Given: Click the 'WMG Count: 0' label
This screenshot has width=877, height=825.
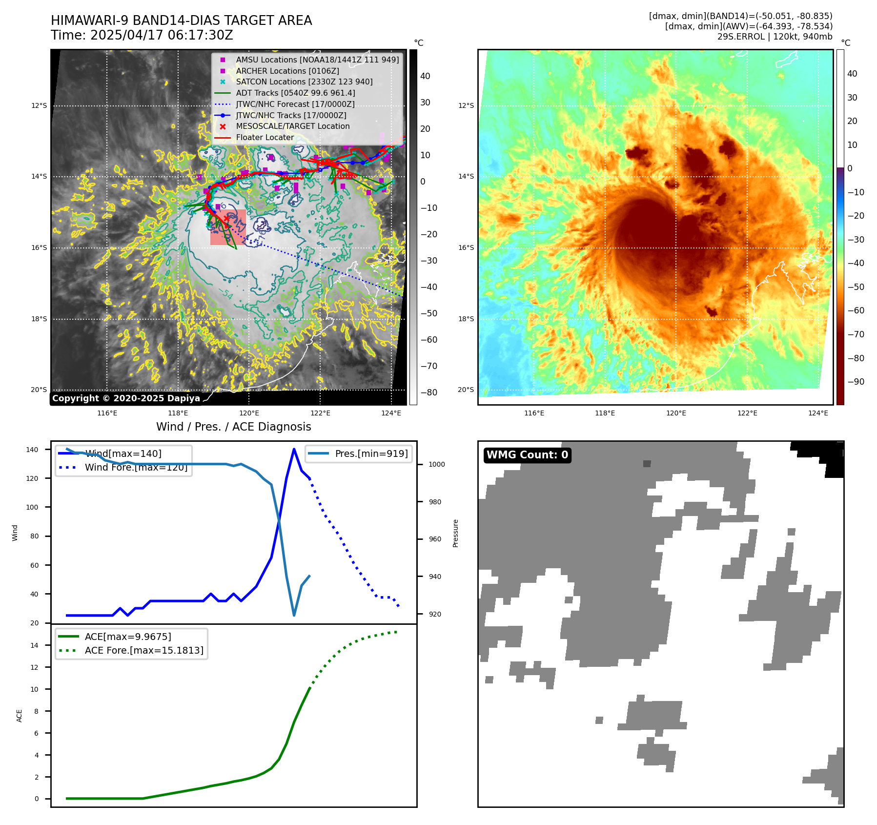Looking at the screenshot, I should click(527, 455).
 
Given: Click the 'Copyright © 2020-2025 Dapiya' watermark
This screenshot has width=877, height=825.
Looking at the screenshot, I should click(126, 398).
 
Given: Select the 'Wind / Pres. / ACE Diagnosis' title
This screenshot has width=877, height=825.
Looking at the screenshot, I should click(233, 427).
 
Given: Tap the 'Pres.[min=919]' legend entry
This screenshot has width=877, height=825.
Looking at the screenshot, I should click(371, 454).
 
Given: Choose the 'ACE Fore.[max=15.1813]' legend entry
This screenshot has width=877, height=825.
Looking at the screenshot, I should click(144, 650).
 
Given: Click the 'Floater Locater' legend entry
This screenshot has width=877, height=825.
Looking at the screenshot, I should click(265, 138).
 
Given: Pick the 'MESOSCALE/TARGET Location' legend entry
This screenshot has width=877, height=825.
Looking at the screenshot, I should click(292, 126).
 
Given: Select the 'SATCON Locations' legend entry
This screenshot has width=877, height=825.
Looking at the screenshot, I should click(304, 82).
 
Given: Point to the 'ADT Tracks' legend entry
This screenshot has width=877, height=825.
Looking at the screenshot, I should click(295, 93).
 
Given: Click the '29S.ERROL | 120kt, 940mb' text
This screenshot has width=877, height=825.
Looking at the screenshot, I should click(775, 37).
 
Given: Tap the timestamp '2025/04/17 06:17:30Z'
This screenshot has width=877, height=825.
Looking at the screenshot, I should click(162, 36).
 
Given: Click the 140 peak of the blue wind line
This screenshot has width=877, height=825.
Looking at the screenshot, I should click(294, 449).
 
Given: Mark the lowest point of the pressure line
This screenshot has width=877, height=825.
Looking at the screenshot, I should click(294, 615).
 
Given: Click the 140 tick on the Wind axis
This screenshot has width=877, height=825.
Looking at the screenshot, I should click(32, 450).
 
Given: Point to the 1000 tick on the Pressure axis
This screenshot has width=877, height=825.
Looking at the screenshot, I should click(436, 464).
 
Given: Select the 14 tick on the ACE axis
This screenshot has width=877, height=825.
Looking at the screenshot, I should click(34, 645).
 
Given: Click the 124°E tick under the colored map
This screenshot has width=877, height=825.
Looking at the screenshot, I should click(818, 413).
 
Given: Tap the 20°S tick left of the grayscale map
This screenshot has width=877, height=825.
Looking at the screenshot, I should click(39, 390).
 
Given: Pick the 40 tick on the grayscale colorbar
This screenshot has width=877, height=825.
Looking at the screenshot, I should click(425, 76).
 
